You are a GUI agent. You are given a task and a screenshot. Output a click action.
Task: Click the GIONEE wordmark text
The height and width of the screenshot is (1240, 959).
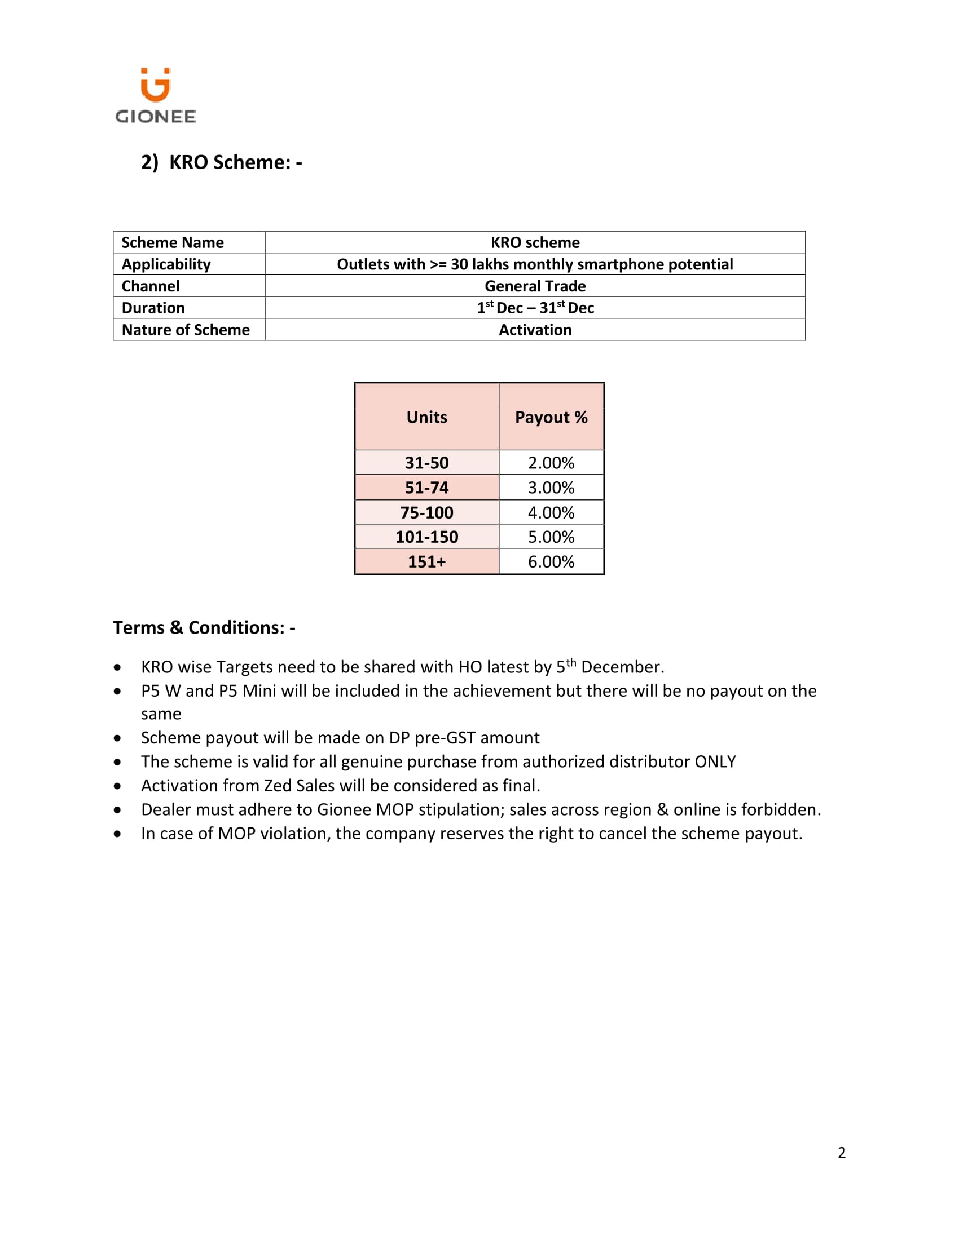pyautogui.click(x=156, y=117)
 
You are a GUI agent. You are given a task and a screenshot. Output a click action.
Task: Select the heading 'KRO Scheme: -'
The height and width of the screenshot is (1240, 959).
pyautogui.click(x=235, y=162)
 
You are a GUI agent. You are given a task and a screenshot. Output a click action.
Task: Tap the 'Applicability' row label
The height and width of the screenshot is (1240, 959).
pyautogui.click(x=166, y=264)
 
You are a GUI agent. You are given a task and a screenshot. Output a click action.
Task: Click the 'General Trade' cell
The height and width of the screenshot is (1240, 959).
pyautogui.click(x=535, y=286)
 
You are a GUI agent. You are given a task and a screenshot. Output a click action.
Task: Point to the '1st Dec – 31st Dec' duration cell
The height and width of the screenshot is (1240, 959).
pyautogui.click(x=535, y=308)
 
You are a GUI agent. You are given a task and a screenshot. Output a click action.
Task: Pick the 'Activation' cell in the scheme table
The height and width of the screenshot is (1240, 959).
pyautogui.click(x=535, y=330)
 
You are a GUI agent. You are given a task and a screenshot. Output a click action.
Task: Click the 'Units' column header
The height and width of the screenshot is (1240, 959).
pyautogui.click(x=426, y=417)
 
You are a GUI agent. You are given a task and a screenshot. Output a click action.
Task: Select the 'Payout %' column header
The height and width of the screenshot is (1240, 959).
pyautogui.click(x=551, y=417)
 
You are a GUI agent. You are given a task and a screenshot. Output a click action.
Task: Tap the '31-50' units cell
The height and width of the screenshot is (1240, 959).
pyautogui.click(x=426, y=463)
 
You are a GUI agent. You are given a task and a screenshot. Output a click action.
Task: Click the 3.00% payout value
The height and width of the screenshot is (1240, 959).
pyautogui.click(x=551, y=488)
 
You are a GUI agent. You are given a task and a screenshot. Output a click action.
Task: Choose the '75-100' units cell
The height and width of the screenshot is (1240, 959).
pyautogui.click(x=426, y=513)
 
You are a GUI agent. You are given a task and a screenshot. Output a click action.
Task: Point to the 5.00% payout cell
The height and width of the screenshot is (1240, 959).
pyautogui.click(x=551, y=537)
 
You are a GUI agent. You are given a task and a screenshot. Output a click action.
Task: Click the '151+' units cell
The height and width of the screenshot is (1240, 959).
pyautogui.click(x=426, y=562)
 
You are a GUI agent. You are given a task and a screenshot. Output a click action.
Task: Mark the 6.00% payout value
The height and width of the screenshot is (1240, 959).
pyautogui.click(x=551, y=562)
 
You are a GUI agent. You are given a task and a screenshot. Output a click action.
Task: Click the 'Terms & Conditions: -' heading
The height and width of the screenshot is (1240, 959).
pyautogui.click(x=204, y=628)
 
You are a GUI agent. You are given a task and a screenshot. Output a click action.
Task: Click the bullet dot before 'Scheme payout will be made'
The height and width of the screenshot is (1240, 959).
pyautogui.click(x=117, y=739)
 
